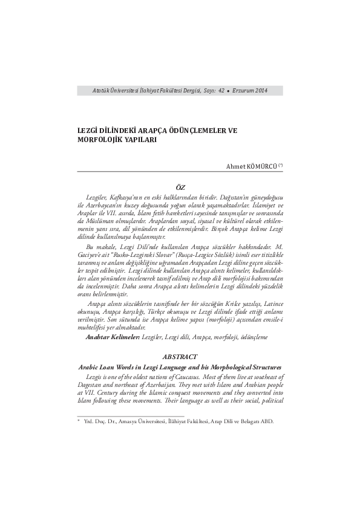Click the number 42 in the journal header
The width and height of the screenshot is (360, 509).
click(221, 91)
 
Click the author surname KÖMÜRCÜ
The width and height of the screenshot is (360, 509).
click(261, 166)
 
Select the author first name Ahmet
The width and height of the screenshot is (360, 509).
click(235, 166)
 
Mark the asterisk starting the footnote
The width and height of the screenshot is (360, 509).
click(79, 421)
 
